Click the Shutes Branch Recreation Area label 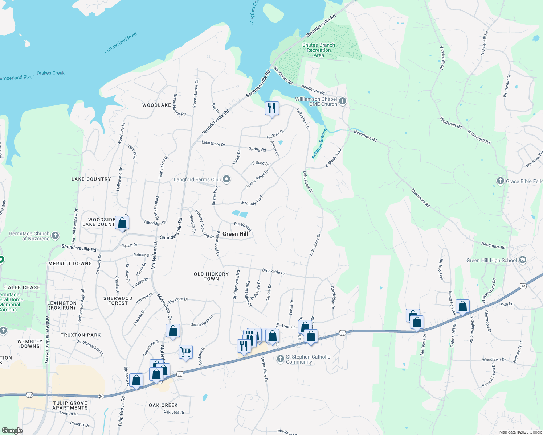319,50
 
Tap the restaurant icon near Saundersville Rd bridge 272,108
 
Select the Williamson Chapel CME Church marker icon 342,101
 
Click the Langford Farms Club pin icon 226,179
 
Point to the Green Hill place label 235,234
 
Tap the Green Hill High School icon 522,260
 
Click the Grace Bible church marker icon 500,181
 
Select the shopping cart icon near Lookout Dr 185,352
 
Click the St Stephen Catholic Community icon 280,359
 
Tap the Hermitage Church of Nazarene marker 55,236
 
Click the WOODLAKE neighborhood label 156,105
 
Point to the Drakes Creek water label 50,73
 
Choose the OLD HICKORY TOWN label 211,277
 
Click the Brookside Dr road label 273,271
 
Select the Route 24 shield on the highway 101,397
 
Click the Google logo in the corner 12,430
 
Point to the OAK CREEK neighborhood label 163,405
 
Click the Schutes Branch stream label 319,144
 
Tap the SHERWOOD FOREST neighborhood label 118,301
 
